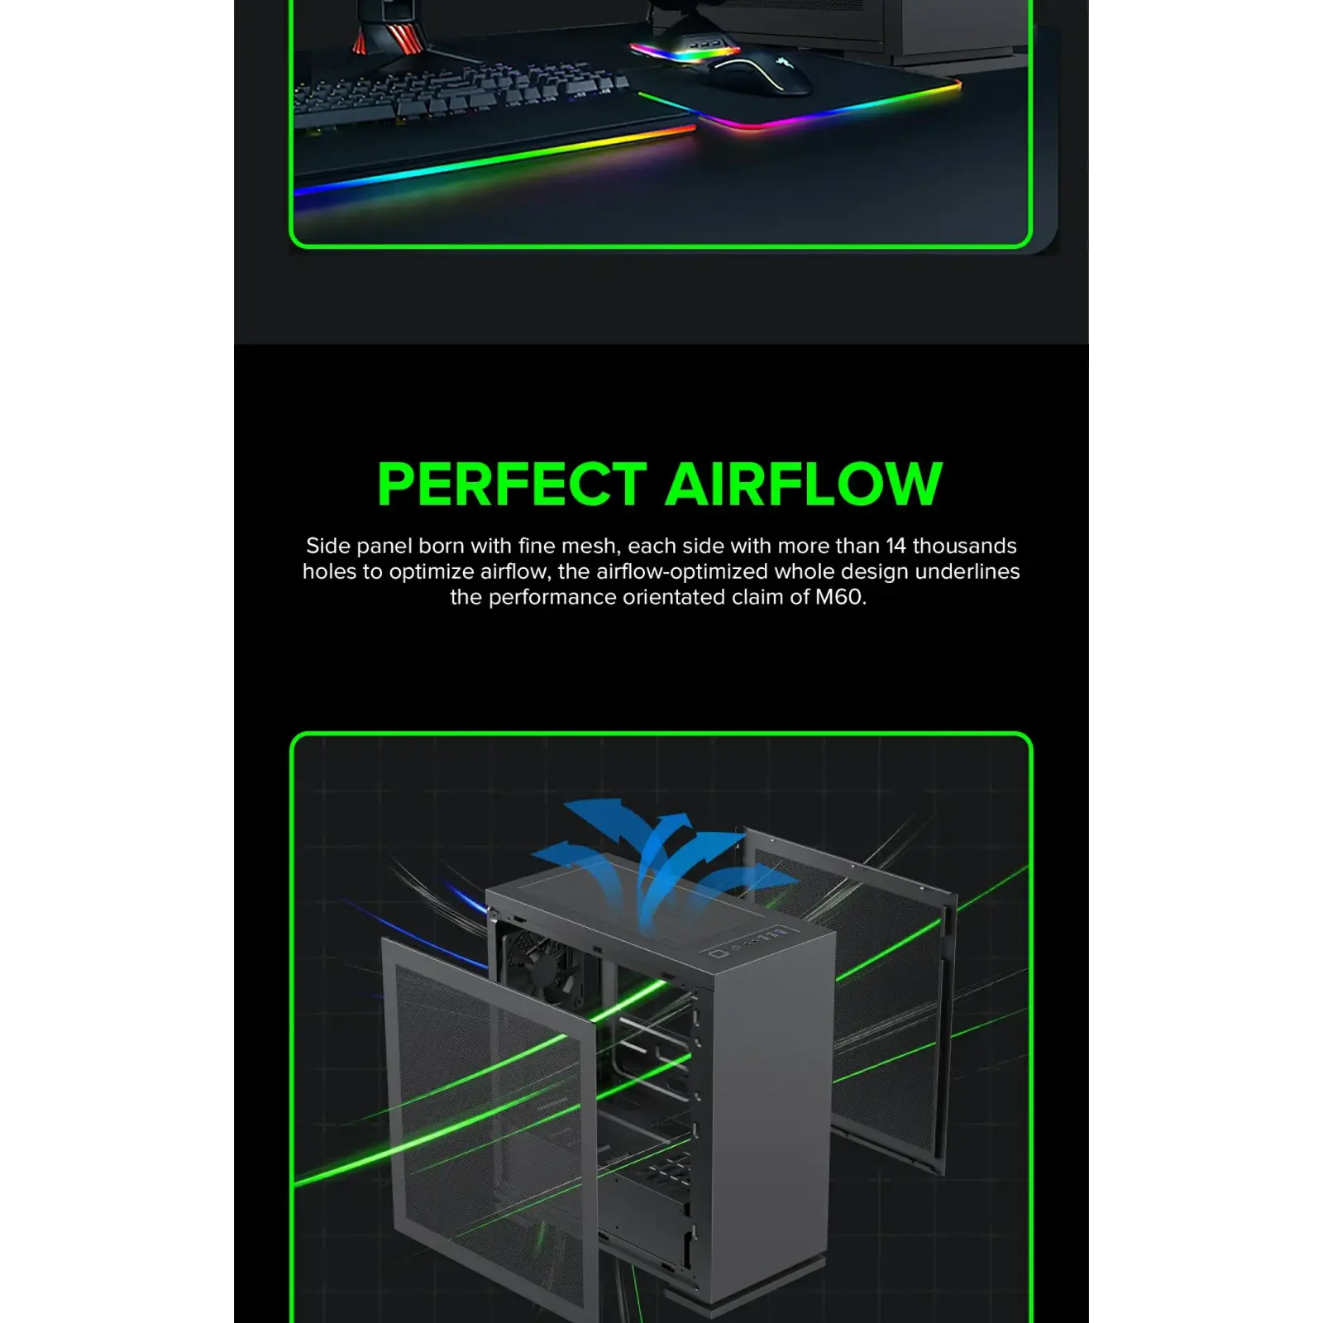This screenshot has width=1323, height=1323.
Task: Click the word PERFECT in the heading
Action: [x=512, y=484]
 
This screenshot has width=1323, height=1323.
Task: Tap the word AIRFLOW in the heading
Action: [x=804, y=484]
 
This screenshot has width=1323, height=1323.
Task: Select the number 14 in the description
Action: [x=896, y=546]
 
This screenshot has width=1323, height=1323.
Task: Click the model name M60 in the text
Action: [x=839, y=597]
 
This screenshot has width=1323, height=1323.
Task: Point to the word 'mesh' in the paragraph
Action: [x=588, y=546]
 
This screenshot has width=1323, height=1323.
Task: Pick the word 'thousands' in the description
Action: [x=964, y=546]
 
